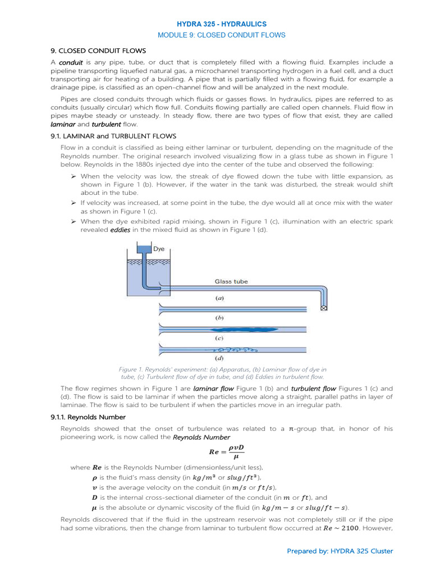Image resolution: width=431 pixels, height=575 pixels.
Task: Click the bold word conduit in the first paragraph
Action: pos(71,62)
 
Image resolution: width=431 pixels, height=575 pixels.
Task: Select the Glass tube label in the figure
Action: pos(231,282)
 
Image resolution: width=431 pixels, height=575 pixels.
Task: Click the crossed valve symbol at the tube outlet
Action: pos(324,308)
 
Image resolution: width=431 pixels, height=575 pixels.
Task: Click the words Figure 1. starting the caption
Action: pos(133,369)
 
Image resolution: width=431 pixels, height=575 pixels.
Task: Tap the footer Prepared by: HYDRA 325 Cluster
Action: pos(340,551)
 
